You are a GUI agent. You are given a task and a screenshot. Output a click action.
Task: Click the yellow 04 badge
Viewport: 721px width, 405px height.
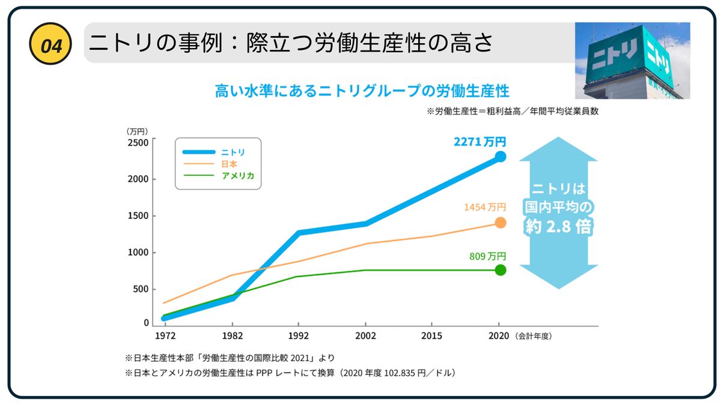51,44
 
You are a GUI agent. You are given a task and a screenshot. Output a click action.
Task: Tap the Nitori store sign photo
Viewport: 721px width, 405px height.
632,61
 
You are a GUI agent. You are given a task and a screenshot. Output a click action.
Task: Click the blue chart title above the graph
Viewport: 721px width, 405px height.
362,91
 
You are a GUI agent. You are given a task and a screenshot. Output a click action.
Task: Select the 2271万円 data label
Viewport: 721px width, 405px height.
479,142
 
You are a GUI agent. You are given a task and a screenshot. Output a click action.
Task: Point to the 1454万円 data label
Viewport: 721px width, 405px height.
484,207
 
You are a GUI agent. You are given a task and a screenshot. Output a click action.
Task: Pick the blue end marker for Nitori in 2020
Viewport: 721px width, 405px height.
500,157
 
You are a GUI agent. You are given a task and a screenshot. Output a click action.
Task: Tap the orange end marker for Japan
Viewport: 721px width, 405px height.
500,223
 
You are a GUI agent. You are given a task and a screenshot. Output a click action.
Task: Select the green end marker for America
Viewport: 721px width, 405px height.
500,270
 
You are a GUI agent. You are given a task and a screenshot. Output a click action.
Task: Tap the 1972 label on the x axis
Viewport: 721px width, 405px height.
165,336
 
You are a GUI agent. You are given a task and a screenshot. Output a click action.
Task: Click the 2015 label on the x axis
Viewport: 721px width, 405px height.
431,336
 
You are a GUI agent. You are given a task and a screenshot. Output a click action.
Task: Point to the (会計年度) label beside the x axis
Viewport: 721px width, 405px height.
532,336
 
